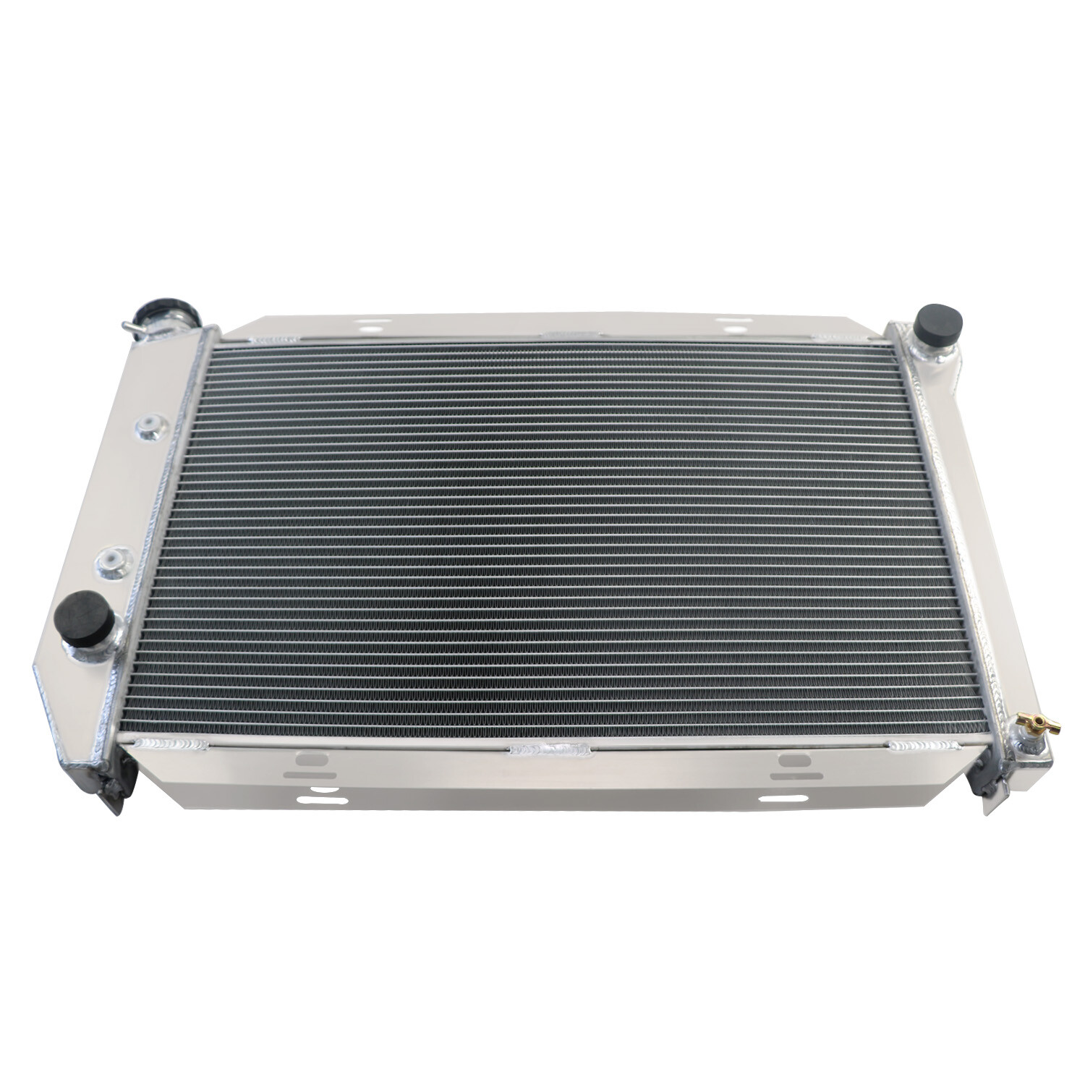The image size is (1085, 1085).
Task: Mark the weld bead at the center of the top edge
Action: (571, 335)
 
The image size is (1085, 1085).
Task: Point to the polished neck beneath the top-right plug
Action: (929, 352)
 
